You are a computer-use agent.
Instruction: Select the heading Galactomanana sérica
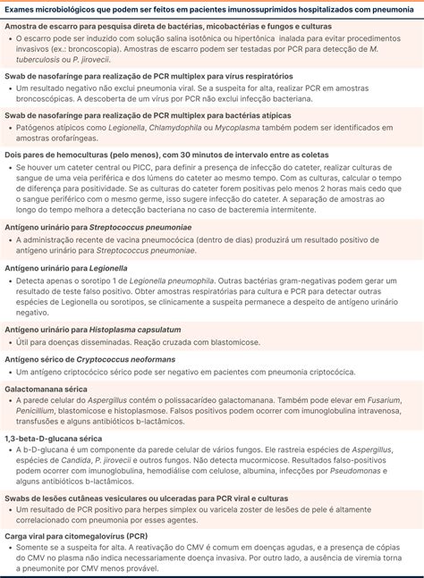(46, 390)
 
